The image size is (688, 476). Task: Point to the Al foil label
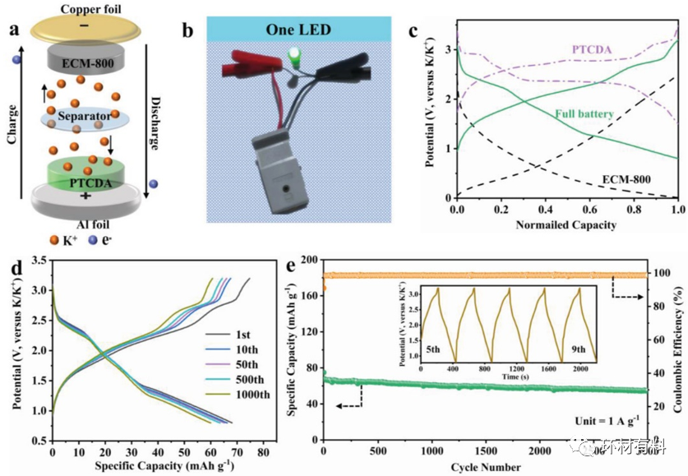coord(85,223)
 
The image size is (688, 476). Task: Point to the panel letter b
coord(189,31)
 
